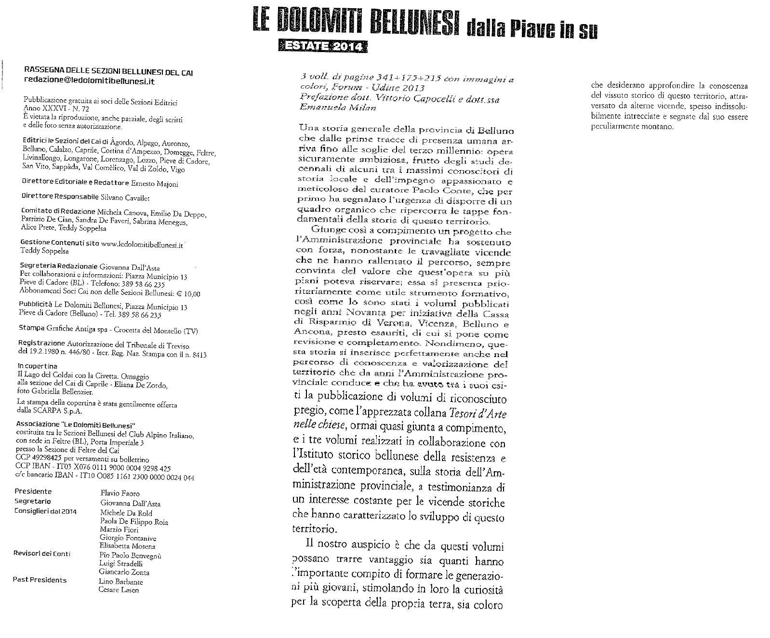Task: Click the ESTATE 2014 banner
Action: [322, 46]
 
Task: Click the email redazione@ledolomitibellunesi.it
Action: [89, 81]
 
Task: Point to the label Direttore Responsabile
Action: [60, 197]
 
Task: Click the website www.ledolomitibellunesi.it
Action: [143, 244]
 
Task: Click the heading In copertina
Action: [38, 366]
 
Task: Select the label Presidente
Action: [33, 492]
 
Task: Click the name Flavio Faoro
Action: [120, 493]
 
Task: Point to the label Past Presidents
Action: [40, 580]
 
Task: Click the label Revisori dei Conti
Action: [42, 554]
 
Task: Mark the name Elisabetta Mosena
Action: [127, 546]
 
